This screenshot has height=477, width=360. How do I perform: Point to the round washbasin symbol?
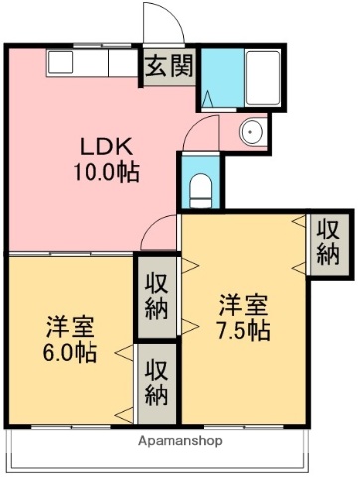249,131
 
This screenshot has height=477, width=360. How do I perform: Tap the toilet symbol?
199,185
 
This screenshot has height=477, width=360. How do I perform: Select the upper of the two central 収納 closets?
155,295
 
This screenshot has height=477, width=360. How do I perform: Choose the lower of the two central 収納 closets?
155,382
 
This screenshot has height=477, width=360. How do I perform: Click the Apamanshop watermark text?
180,440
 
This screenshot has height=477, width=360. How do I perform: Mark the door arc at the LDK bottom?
159,237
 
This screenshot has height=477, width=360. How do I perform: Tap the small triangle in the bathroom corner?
208,97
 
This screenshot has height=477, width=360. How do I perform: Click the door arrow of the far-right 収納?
302,226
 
